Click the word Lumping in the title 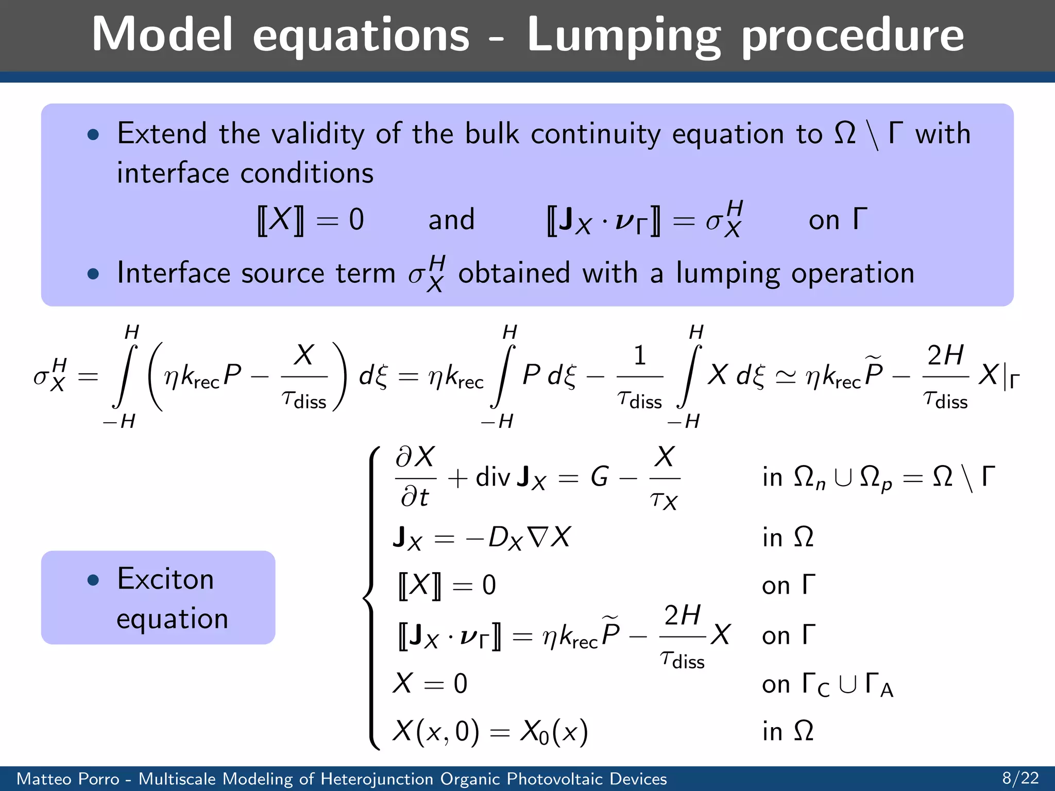click(623, 35)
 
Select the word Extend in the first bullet click(162, 133)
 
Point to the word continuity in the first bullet click(595, 134)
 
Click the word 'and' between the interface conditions click(451, 220)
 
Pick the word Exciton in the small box click(165, 579)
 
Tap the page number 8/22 click(1020, 778)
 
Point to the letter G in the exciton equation click(600, 477)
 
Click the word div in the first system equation click(492, 477)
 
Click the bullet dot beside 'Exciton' click(93, 580)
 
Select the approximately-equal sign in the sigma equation click(785, 376)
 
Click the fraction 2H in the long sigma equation click(945, 355)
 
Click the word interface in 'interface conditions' click(173, 173)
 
